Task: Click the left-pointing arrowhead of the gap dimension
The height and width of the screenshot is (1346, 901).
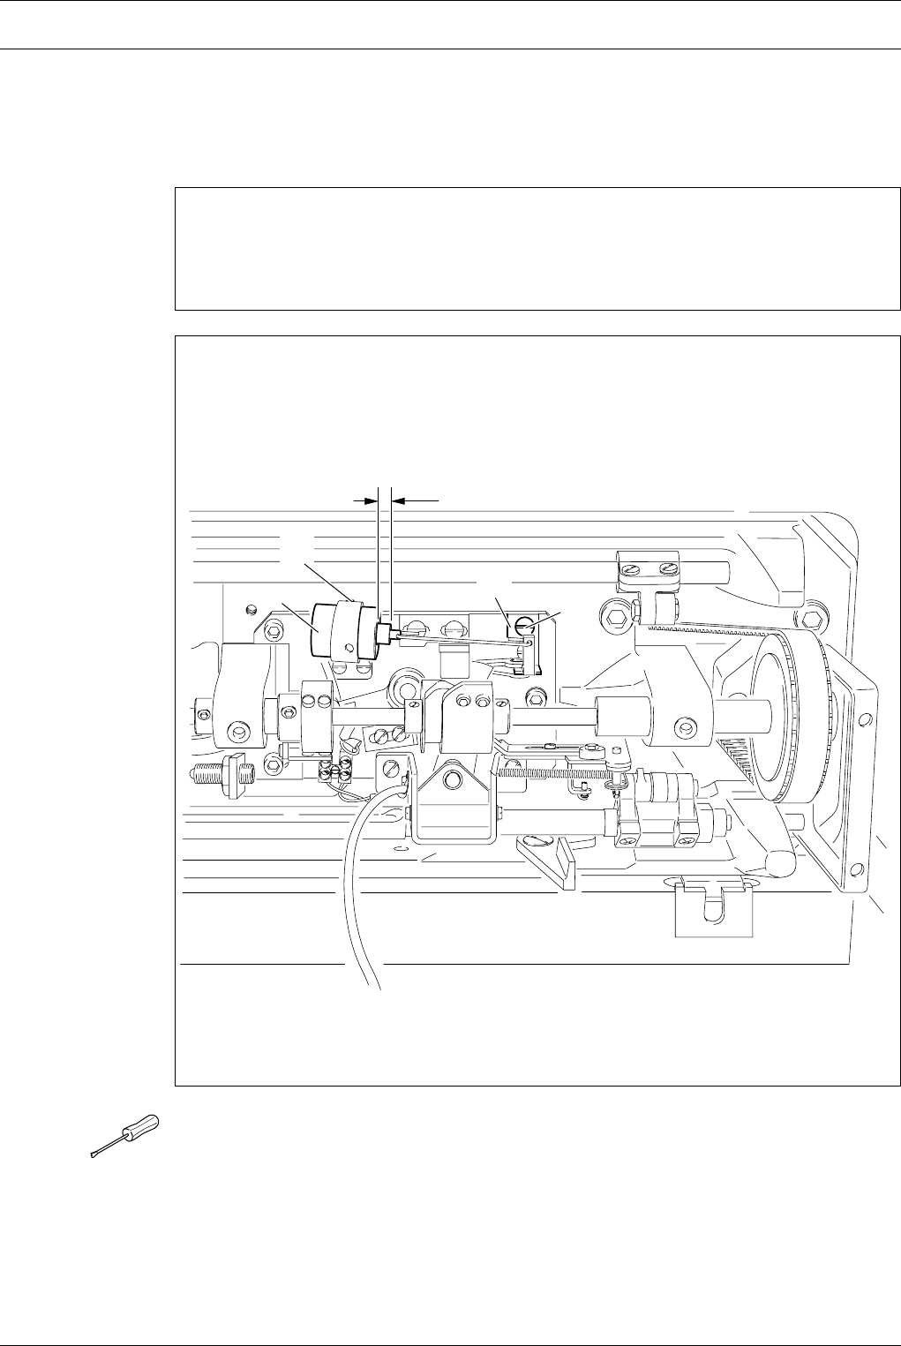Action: coord(399,500)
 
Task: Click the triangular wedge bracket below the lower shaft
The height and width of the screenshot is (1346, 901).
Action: coord(551,857)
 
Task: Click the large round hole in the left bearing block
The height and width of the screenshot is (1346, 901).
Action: coord(237,732)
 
